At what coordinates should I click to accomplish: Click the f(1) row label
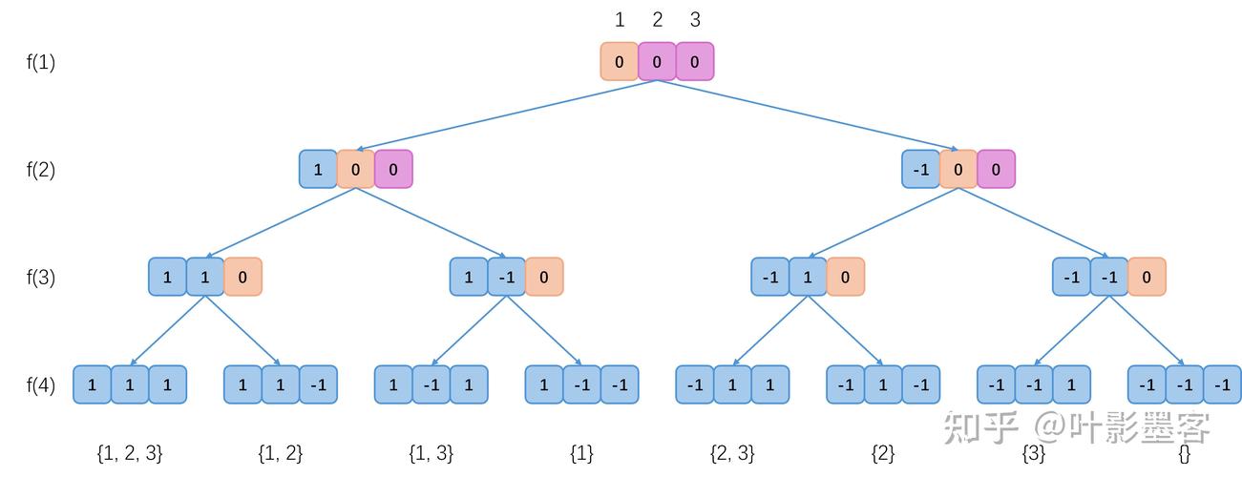[x=40, y=62]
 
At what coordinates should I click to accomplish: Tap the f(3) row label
[x=40, y=277]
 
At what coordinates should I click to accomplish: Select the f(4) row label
[x=40, y=384]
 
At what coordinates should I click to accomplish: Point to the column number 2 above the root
[x=657, y=20]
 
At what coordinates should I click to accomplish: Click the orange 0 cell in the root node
[x=620, y=61]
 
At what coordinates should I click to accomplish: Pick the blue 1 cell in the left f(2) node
[x=318, y=169]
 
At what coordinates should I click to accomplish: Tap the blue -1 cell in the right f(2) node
[x=921, y=169]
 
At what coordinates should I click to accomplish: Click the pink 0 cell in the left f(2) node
[x=393, y=169]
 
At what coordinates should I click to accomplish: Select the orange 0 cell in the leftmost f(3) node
[x=242, y=277]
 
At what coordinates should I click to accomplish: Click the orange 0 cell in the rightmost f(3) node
[x=1147, y=277]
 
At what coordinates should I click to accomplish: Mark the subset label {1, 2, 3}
[x=130, y=454]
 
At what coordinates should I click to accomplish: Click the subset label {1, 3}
[x=432, y=454]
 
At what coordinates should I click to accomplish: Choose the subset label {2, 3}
[x=732, y=454]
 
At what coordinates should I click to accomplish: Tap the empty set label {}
[x=1185, y=454]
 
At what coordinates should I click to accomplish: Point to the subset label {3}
[x=1034, y=454]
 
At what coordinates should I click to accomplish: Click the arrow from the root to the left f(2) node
[x=506, y=115]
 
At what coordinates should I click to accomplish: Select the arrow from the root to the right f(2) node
[x=808, y=115]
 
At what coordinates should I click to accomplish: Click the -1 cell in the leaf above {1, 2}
[x=318, y=384]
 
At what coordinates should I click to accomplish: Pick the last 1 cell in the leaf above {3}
[x=1072, y=384]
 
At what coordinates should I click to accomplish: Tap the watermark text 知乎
[x=981, y=427]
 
